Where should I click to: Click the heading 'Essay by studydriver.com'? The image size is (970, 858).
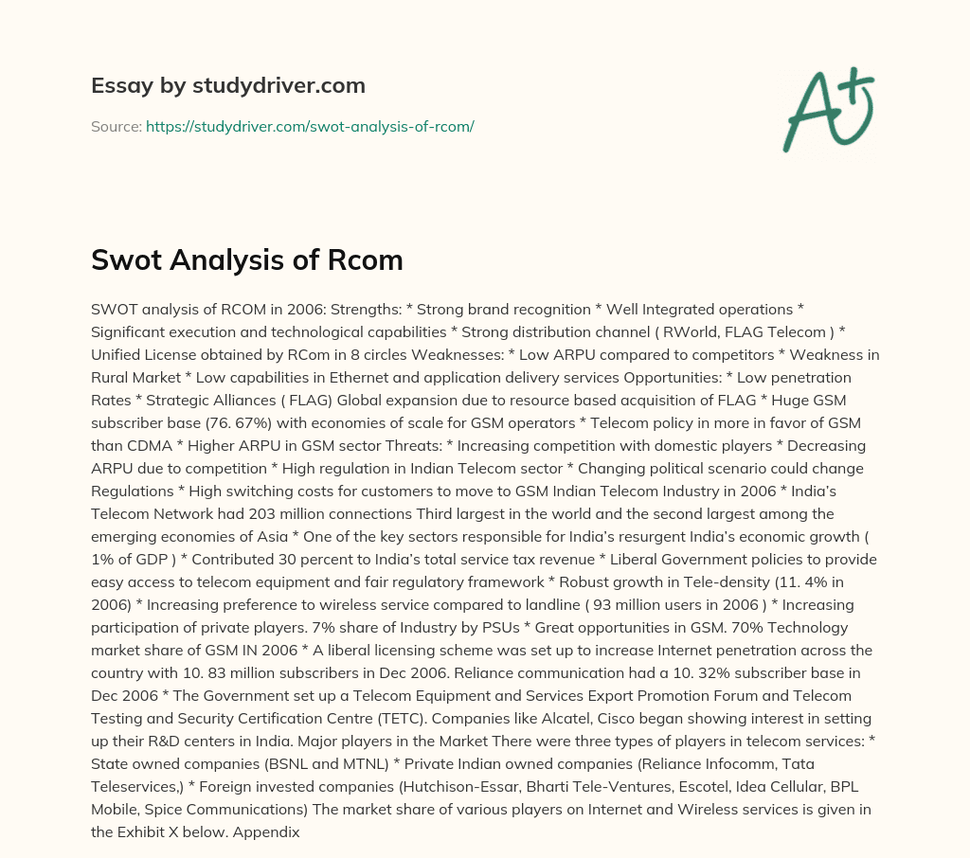pyautogui.click(x=227, y=85)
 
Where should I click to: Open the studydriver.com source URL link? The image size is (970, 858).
pyautogui.click(x=310, y=126)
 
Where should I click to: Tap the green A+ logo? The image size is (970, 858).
pyautogui.click(x=828, y=110)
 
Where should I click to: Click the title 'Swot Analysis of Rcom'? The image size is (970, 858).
pyautogui.click(x=247, y=260)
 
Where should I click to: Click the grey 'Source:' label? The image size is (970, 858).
pyautogui.click(x=116, y=126)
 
